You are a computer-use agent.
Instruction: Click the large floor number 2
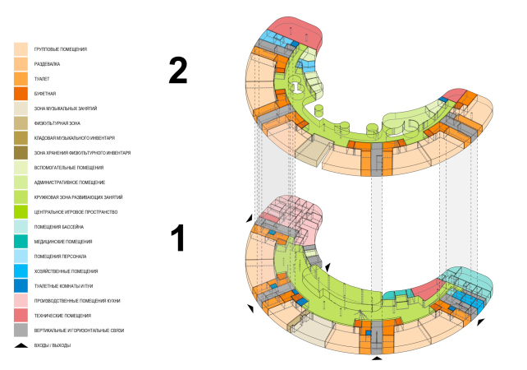click(x=178, y=71)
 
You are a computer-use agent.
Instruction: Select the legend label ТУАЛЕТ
click(x=41, y=79)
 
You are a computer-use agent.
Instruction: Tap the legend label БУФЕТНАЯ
click(x=44, y=94)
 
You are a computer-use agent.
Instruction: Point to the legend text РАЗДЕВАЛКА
click(x=47, y=64)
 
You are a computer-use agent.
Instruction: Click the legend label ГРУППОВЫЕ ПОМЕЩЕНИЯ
click(x=61, y=49)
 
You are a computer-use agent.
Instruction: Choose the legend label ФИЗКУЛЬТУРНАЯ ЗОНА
click(x=57, y=123)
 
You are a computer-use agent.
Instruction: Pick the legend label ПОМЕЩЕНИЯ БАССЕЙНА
click(x=58, y=226)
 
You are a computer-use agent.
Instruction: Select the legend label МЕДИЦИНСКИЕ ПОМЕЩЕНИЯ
click(x=62, y=241)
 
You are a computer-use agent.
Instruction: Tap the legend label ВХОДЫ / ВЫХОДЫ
click(x=53, y=345)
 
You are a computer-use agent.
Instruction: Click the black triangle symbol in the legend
click(x=21, y=345)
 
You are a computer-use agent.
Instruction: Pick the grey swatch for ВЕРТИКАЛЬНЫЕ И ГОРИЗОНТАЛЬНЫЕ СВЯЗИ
click(x=21, y=330)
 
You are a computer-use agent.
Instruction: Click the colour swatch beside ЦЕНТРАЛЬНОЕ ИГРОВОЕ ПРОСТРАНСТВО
click(x=21, y=211)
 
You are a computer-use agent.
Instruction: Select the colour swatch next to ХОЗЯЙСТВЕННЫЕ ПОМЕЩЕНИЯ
click(x=21, y=271)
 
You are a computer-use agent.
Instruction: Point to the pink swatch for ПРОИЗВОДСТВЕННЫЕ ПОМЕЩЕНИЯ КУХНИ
click(x=21, y=300)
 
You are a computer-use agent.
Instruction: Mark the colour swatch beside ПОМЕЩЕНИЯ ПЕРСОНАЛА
click(x=21, y=256)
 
